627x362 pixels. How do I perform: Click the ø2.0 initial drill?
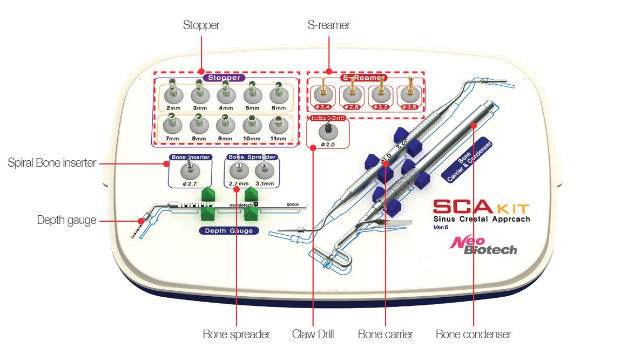(327, 132)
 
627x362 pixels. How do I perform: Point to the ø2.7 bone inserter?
(191, 171)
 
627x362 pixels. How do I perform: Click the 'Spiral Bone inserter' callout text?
(52, 162)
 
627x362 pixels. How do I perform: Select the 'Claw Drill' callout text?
(313, 334)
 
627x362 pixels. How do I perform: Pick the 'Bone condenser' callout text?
(473, 334)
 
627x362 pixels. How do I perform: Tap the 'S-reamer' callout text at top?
(327, 25)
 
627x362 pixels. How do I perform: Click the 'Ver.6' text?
(442, 227)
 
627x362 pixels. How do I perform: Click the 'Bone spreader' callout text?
(236, 334)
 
